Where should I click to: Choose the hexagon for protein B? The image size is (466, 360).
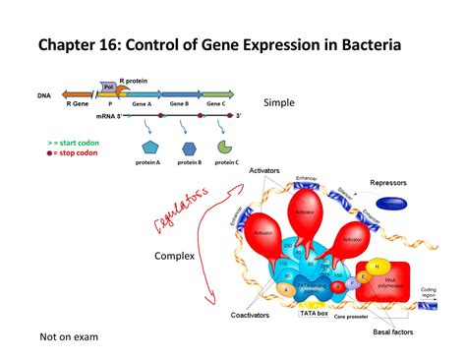[x=189, y=148]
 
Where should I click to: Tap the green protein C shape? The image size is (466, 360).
[x=225, y=147]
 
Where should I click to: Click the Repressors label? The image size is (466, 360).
[x=394, y=183]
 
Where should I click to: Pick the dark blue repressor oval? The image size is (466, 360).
[x=394, y=205]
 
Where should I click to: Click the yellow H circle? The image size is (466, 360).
[x=376, y=267]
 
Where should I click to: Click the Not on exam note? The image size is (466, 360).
[x=69, y=337]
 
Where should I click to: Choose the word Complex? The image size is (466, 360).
[x=174, y=257]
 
